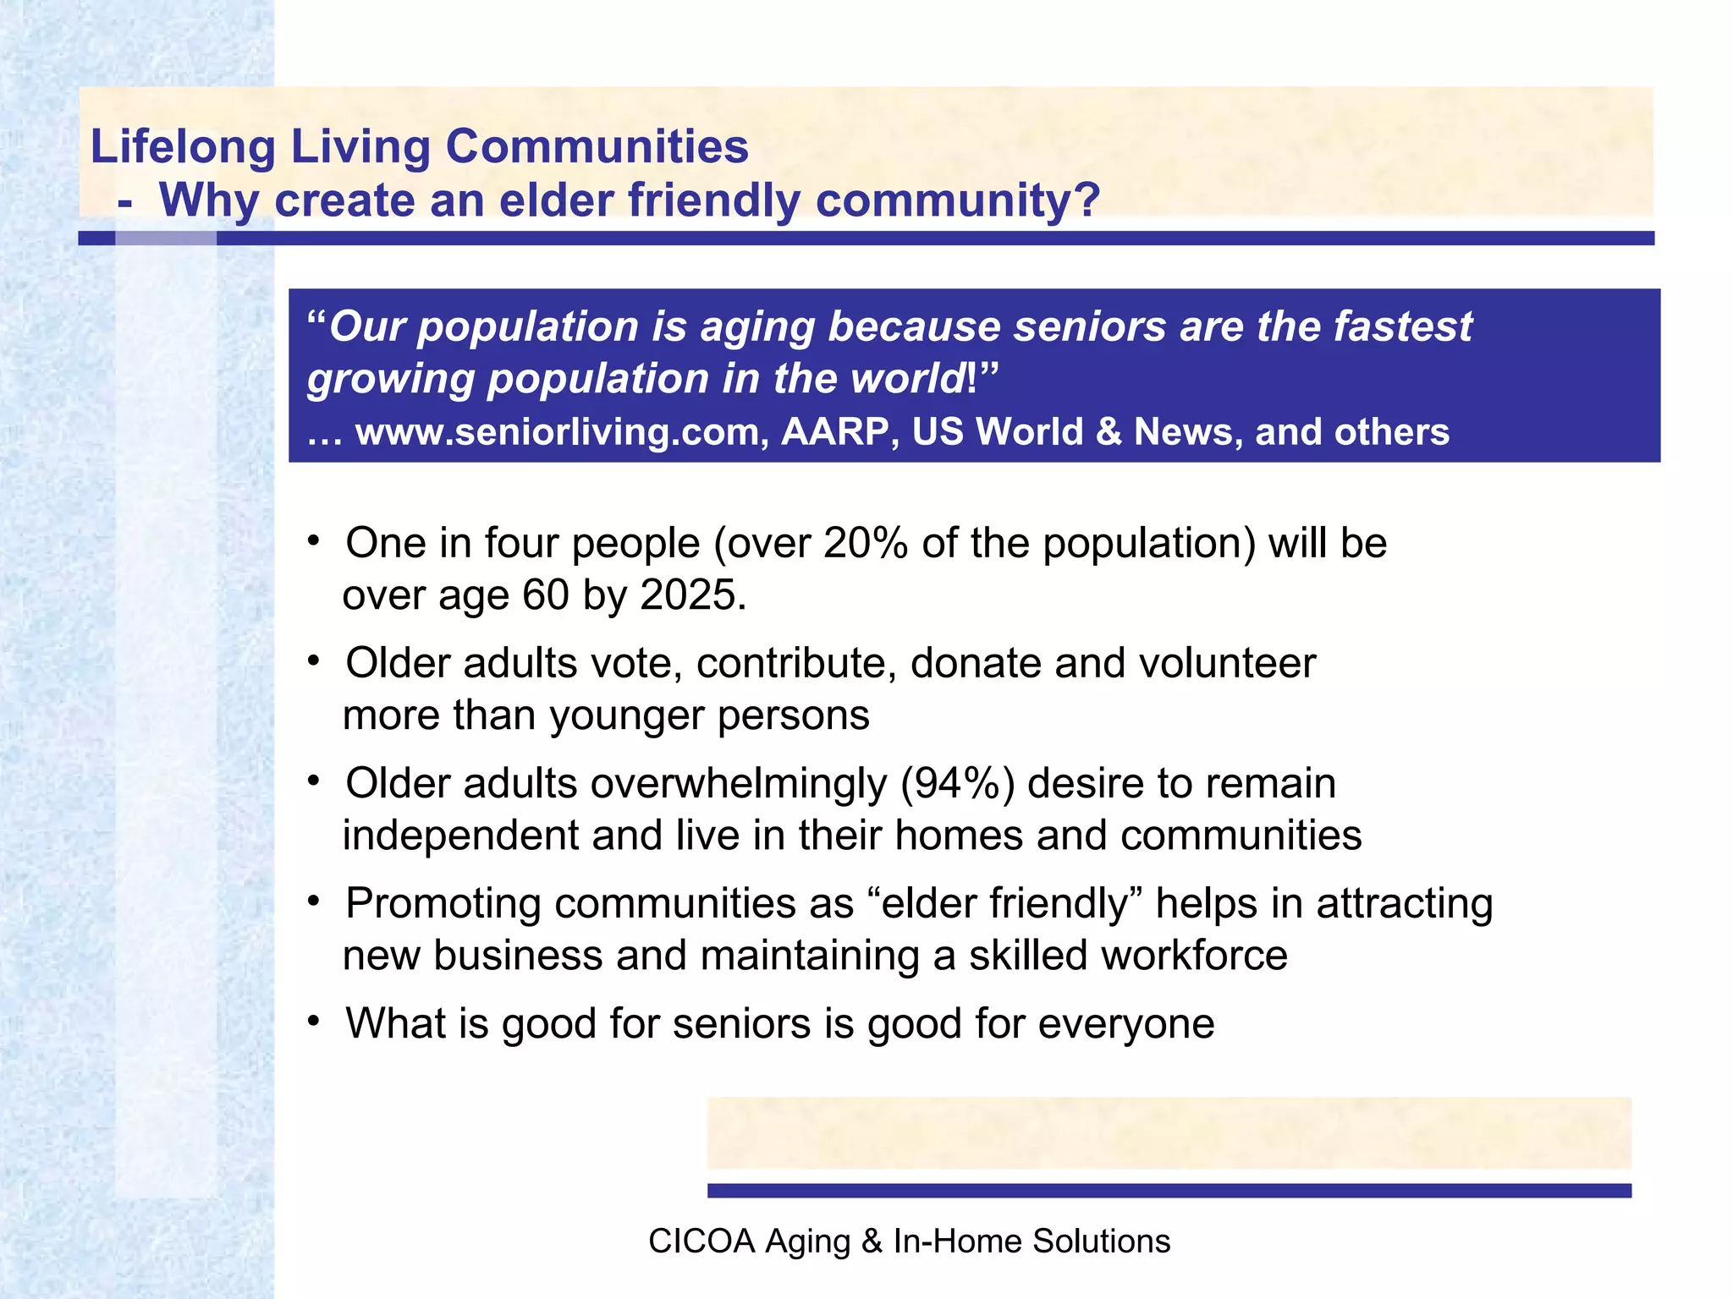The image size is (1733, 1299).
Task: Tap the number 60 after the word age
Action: tap(546, 595)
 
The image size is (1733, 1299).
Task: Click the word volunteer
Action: tap(1227, 663)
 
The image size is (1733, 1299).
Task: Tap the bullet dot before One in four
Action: tap(314, 540)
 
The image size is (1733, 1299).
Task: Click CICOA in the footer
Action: tap(701, 1241)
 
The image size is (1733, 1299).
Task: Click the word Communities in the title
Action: tap(597, 146)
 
